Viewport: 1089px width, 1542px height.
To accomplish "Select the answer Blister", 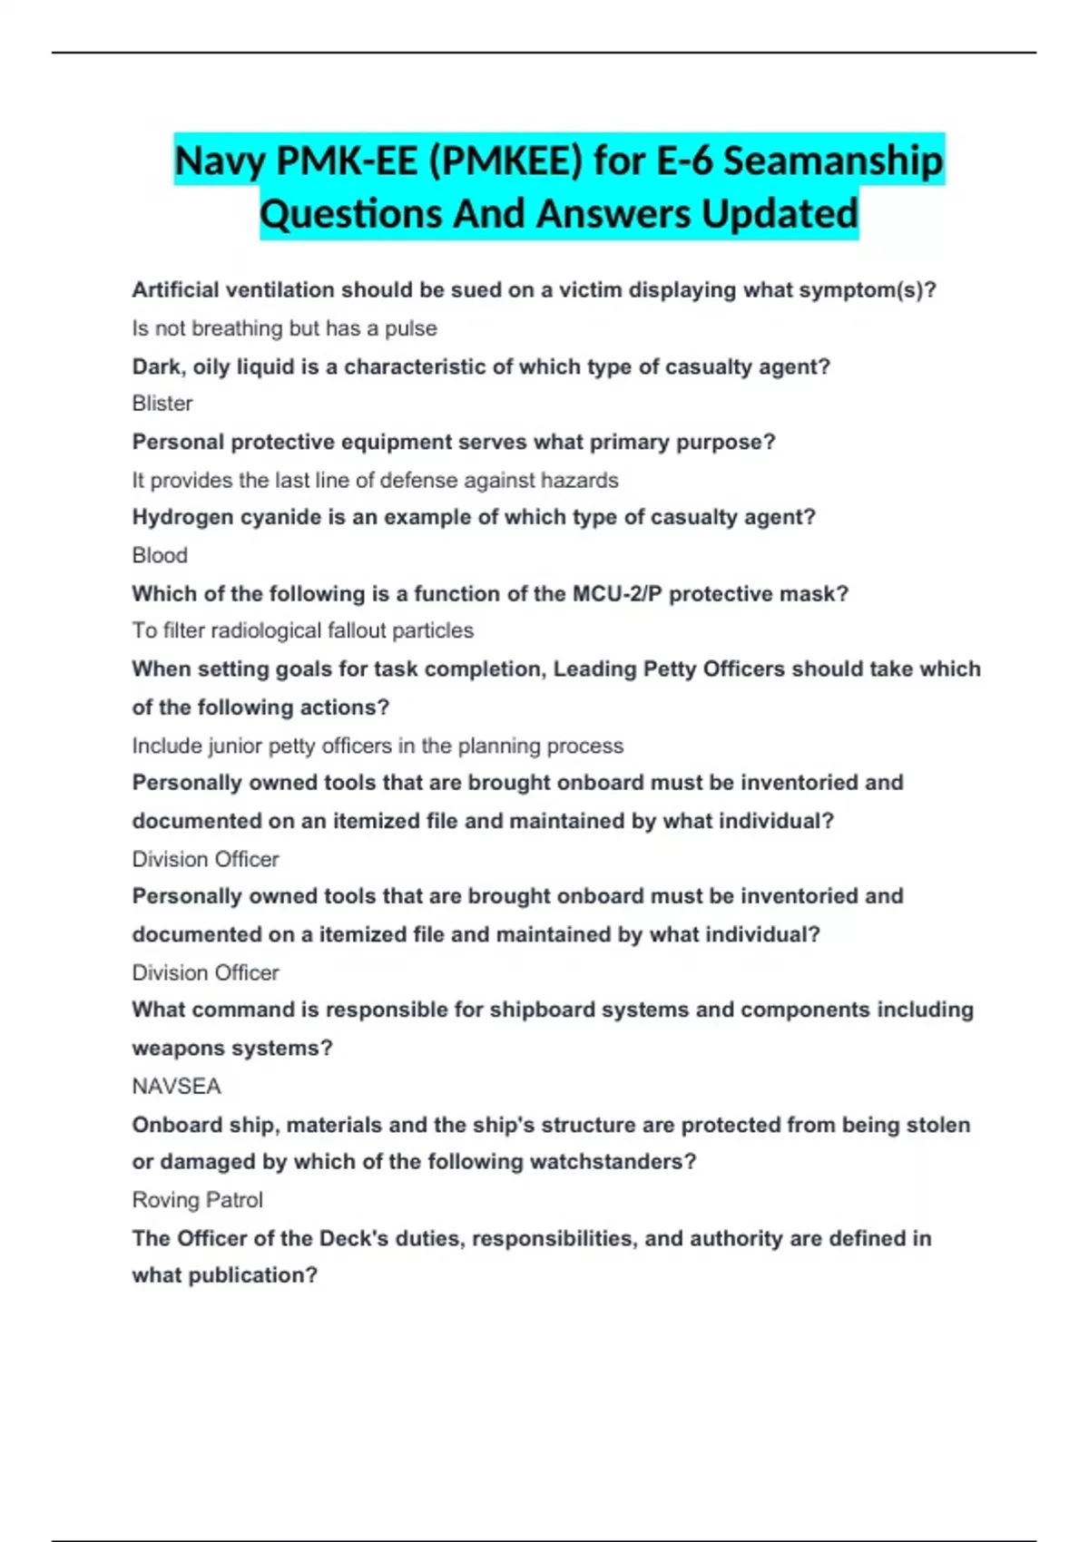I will [x=162, y=403].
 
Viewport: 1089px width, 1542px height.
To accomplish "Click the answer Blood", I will [x=160, y=555].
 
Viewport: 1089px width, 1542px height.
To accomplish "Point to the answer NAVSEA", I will [x=176, y=1086].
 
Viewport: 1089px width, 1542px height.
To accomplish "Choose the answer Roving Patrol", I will [x=197, y=1200].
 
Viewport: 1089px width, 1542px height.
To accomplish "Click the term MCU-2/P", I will [x=617, y=593].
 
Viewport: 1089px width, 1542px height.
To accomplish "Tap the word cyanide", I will [x=265, y=517].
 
